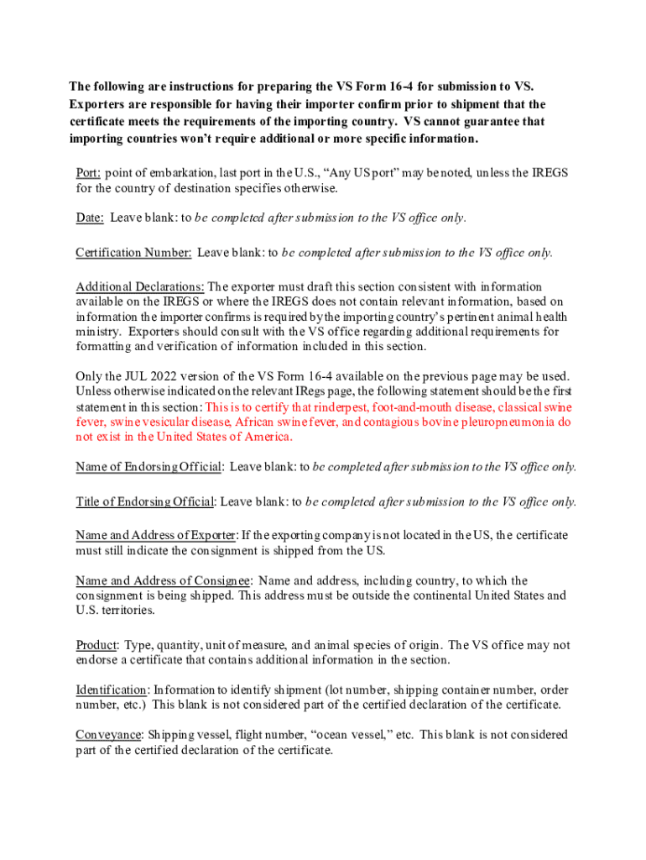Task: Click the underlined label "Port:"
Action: pos(89,173)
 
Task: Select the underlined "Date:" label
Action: pos(90,218)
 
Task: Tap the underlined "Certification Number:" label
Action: pos(133,252)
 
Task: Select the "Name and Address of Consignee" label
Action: pos(163,580)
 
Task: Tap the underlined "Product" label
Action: pos(96,645)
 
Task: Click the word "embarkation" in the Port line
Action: pos(176,173)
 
